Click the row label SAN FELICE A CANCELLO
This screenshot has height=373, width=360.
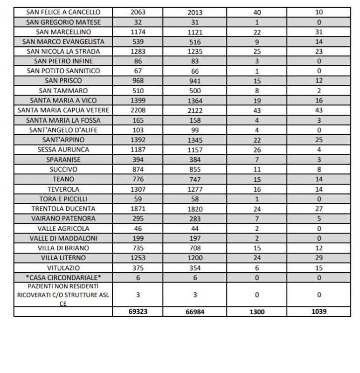[63, 12]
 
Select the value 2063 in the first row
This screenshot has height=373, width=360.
[138, 12]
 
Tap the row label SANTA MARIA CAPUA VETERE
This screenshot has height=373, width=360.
[63, 110]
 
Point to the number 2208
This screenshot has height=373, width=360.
[138, 110]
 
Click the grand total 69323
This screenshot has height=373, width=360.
[138, 311]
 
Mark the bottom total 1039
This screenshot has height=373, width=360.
[319, 311]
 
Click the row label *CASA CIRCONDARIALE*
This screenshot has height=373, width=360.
[63, 277]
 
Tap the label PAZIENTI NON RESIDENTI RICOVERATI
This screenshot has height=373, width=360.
[63, 294]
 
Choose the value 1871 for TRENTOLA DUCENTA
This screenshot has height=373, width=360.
[138, 208]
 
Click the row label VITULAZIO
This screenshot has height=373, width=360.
[63, 268]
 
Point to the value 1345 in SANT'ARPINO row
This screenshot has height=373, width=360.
[195, 140]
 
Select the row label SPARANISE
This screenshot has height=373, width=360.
[63, 159]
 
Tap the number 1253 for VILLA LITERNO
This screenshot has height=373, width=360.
[138, 258]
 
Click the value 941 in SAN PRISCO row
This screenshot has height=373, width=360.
[195, 81]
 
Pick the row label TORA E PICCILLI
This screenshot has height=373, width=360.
[63, 199]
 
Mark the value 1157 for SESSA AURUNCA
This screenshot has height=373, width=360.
[195, 150]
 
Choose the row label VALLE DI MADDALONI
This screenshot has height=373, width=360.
[63, 238]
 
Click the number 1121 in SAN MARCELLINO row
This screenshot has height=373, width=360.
[195, 32]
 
